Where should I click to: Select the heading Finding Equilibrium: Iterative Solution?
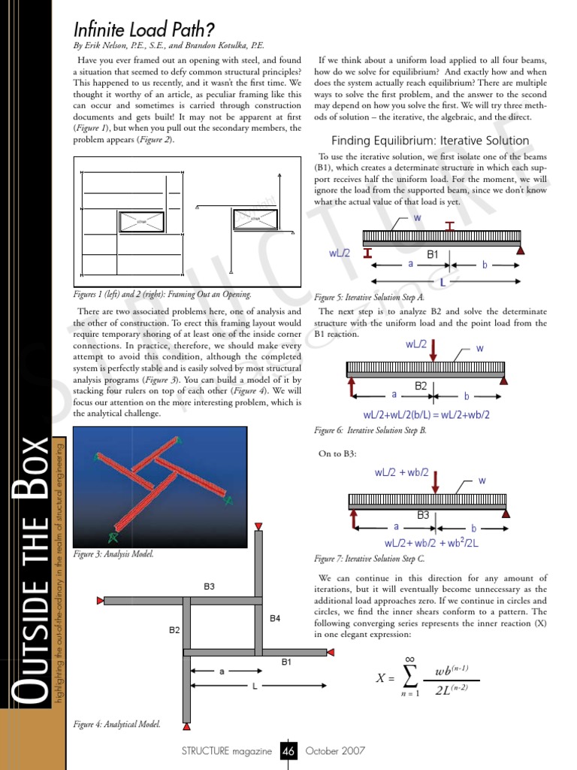pyautogui.click(x=430, y=141)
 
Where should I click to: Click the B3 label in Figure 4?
pyautogui.click(x=210, y=586)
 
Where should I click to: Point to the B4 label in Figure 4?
pyautogui.click(x=275, y=618)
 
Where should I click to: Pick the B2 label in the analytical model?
pyautogui.click(x=174, y=630)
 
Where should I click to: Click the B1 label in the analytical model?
pyautogui.click(x=287, y=662)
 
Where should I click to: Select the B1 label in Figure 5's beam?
pyautogui.click(x=432, y=254)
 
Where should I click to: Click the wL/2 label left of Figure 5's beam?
pyautogui.click(x=341, y=253)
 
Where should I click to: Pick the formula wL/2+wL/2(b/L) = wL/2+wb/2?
pyautogui.click(x=426, y=415)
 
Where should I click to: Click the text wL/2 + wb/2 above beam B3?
pyautogui.click(x=401, y=473)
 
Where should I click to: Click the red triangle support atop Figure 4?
pyautogui.click(x=258, y=525)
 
